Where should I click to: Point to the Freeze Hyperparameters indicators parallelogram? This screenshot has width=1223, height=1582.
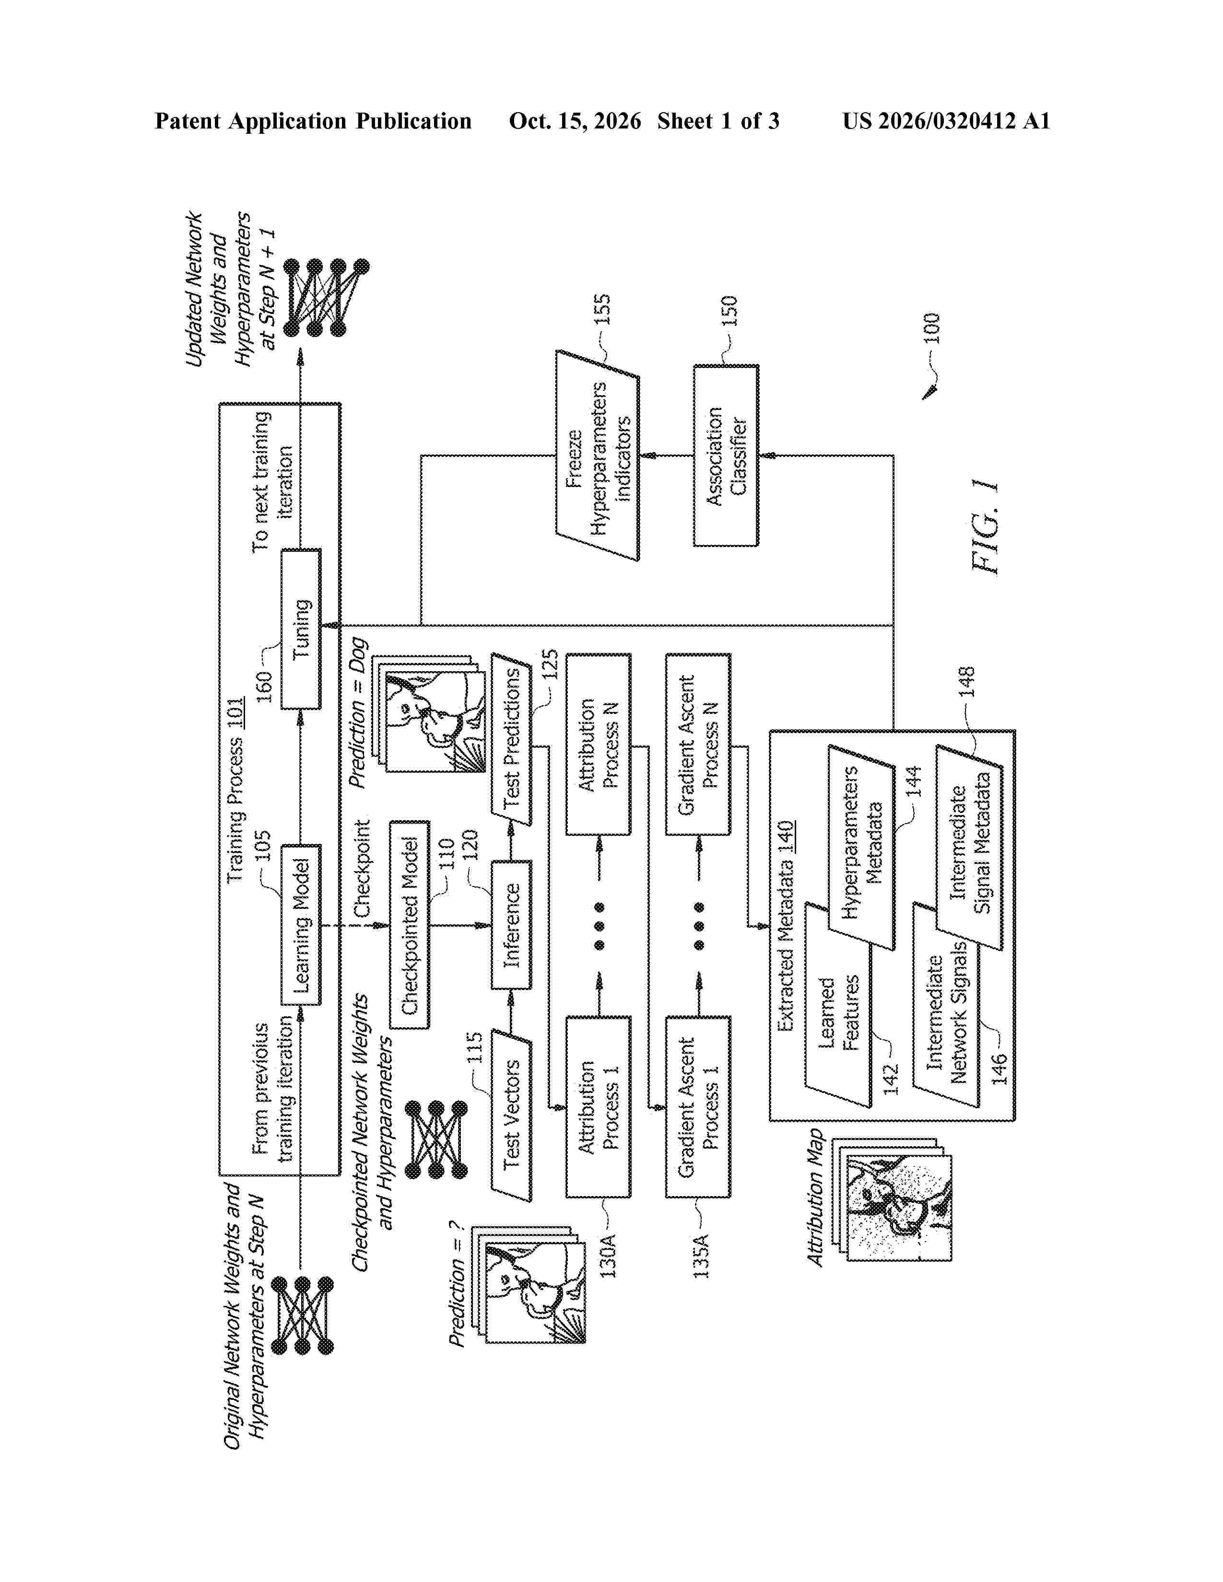point(598,455)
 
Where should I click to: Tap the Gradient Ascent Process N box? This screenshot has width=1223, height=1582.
point(698,744)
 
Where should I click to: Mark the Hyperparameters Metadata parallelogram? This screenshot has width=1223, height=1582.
point(861,848)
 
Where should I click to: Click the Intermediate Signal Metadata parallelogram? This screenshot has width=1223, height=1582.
point(969,848)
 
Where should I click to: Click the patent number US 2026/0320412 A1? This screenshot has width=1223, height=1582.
point(946,121)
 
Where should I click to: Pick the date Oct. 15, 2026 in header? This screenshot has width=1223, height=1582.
point(575,121)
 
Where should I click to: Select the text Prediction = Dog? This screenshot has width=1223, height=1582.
point(358,713)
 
